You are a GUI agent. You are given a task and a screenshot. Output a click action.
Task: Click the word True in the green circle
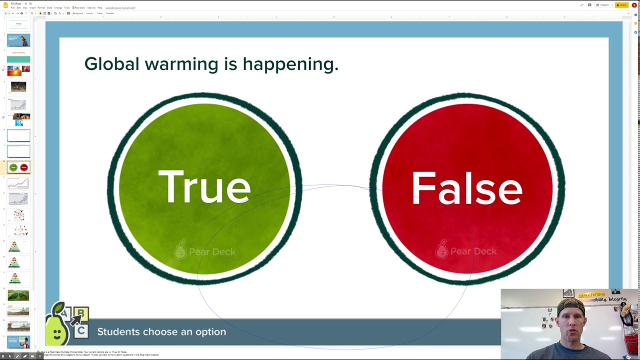point(204,187)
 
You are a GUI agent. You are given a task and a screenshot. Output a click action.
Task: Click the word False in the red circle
point(466,188)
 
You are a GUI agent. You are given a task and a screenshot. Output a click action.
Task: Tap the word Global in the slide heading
point(111,64)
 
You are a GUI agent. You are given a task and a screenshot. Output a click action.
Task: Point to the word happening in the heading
point(290,64)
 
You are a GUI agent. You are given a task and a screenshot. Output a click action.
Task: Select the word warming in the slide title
point(181,64)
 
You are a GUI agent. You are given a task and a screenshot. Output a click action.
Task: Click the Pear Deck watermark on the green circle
point(205,251)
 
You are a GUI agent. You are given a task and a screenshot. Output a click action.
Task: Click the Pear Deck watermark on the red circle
point(466,251)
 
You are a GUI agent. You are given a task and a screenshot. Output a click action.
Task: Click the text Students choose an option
point(161,332)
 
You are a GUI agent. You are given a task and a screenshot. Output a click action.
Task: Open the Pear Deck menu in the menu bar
point(79,8)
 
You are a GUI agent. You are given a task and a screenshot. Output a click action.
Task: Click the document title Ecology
point(16,3)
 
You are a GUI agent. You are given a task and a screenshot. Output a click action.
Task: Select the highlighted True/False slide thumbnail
point(18,167)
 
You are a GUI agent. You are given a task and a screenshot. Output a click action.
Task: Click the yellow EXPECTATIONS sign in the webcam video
point(591,295)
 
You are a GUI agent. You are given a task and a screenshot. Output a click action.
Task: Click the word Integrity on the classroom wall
point(617,299)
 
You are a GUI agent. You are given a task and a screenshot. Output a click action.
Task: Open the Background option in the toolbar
point(78,13)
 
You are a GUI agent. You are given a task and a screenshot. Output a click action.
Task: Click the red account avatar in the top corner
point(634,5)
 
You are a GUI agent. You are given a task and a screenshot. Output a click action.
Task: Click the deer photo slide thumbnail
point(18,87)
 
